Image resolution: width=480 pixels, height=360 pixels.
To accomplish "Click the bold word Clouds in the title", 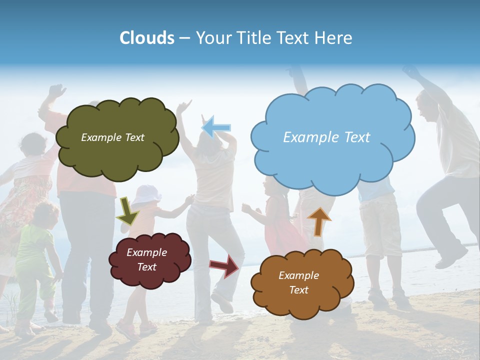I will coord(147,38).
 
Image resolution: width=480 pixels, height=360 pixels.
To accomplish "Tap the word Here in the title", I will coord(335,38).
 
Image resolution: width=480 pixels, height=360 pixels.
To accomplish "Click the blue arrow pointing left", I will coord(216,127).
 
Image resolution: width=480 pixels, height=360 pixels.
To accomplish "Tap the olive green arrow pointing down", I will coord(127,211).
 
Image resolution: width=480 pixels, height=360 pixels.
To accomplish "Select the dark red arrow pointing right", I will coord(224,265).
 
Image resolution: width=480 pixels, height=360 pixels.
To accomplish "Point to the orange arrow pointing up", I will coord(319,221).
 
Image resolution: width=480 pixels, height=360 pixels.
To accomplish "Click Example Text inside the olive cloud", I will coord(112,137).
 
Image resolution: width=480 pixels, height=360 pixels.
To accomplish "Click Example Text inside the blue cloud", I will coord(326,137).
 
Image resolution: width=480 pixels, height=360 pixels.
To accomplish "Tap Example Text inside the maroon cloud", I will coord(147,259).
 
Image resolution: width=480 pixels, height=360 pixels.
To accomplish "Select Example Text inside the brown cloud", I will coord(298,282).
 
